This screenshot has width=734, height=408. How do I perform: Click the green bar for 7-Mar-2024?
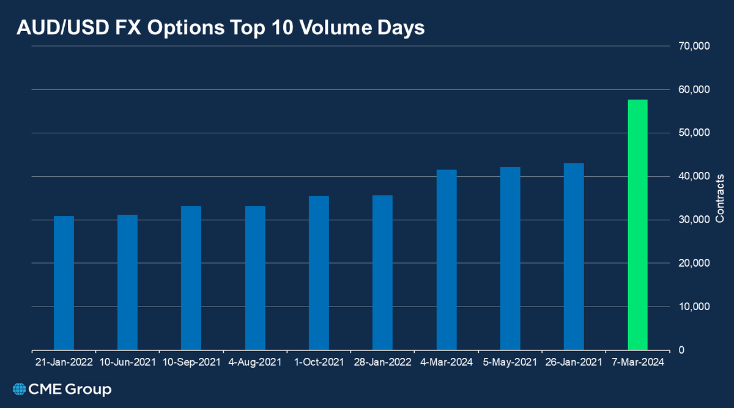coord(637,224)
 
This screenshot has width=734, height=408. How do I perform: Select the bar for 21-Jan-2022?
coord(64,283)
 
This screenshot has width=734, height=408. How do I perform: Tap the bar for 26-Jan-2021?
coord(574,256)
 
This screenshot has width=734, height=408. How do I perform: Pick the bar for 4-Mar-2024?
coord(447,259)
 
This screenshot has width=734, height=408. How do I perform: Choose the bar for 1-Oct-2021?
coord(319,273)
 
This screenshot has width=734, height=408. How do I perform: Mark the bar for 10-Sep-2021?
coord(191,278)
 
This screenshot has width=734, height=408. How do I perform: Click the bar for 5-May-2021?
coord(510,258)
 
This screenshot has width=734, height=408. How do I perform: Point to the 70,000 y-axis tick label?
coord(693,46)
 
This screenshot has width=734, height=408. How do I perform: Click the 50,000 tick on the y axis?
coord(693,133)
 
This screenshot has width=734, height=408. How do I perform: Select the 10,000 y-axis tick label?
coord(693,306)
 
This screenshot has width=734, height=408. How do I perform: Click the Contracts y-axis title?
coord(720,198)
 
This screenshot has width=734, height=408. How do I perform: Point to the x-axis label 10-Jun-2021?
coord(127,362)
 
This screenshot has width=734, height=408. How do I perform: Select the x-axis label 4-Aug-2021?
coord(255,362)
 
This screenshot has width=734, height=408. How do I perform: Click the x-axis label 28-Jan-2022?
coord(382,362)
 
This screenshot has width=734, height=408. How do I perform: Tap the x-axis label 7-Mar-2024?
coord(637,362)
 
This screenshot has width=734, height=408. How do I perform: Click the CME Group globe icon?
coord(20,390)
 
